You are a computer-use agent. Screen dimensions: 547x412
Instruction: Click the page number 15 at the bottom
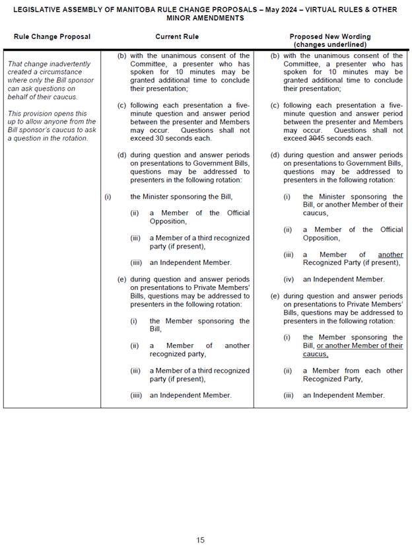point(200,540)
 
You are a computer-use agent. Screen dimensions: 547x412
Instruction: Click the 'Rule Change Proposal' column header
point(52,36)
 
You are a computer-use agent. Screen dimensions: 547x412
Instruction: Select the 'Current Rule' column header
point(177,36)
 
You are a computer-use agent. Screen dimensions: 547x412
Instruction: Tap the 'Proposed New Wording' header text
point(330,36)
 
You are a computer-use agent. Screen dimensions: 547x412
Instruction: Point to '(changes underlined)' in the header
point(330,44)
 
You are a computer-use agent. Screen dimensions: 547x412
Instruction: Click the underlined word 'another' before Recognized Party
point(390,254)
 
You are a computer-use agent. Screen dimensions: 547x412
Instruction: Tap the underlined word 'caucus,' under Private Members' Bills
point(316,354)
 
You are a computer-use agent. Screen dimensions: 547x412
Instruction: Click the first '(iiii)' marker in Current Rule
point(137,262)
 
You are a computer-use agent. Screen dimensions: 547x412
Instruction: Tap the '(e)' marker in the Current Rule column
point(121,279)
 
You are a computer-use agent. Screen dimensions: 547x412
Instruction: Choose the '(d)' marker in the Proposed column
point(275,155)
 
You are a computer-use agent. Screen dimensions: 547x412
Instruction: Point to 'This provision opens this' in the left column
point(47,114)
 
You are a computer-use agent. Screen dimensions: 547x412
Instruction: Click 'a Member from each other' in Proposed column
point(353,371)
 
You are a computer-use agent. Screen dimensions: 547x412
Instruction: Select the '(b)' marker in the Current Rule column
point(121,56)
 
